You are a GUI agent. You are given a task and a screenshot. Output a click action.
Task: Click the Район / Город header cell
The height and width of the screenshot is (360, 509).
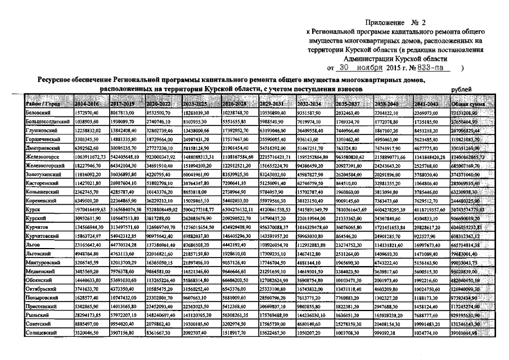[42, 104]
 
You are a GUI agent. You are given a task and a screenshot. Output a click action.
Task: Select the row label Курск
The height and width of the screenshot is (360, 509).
[34, 208]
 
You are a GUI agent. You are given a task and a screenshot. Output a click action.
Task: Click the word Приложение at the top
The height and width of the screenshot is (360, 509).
[385, 22]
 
